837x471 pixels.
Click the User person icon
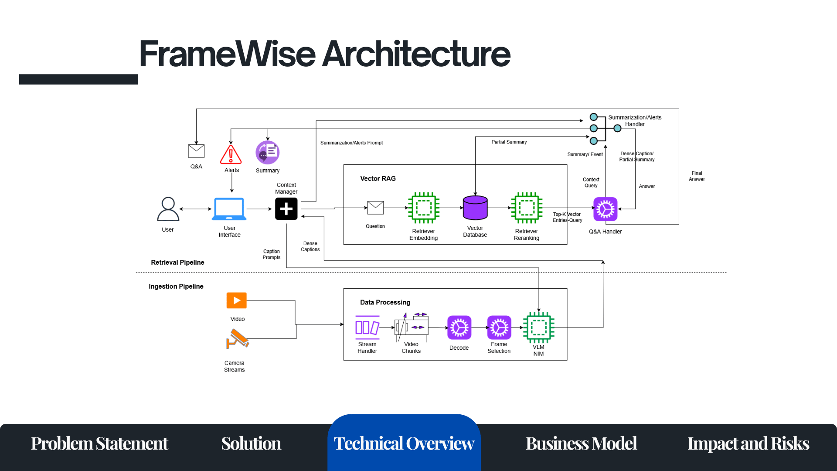click(168, 209)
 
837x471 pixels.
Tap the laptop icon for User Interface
click(229, 209)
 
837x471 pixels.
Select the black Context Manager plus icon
click(286, 209)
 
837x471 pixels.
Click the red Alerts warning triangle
click(231, 154)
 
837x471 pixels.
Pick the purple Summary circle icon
click(267, 153)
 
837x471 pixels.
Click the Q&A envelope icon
click(196, 151)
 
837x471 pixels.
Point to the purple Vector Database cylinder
click(475, 208)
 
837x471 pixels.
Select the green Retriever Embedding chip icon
click(424, 208)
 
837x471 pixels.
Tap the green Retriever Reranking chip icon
click(527, 208)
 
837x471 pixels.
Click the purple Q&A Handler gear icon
click(606, 209)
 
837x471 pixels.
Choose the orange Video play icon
click(237, 300)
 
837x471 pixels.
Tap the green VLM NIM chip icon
click(538, 328)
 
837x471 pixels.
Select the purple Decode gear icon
click(459, 328)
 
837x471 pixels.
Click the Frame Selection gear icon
click(499, 328)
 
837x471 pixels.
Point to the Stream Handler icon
click(367, 328)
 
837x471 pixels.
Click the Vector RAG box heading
click(378, 179)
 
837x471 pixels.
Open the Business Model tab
click(581, 444)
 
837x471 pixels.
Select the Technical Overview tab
click(404, 444)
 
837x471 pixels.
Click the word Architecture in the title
click(416, 54)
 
